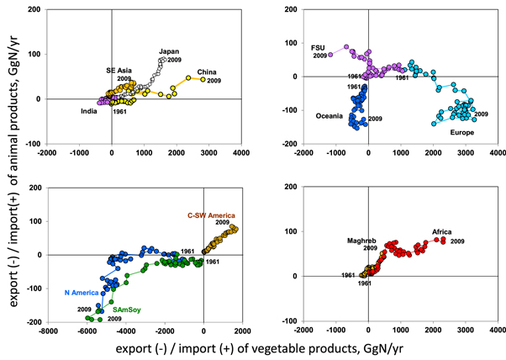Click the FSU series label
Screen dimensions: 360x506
coord(318,47)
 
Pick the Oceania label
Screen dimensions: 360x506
coord(331,115)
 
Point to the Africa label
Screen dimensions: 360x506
coord(443,232)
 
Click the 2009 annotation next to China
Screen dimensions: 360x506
coord(215,81)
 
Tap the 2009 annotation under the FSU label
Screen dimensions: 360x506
coord(319,56)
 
